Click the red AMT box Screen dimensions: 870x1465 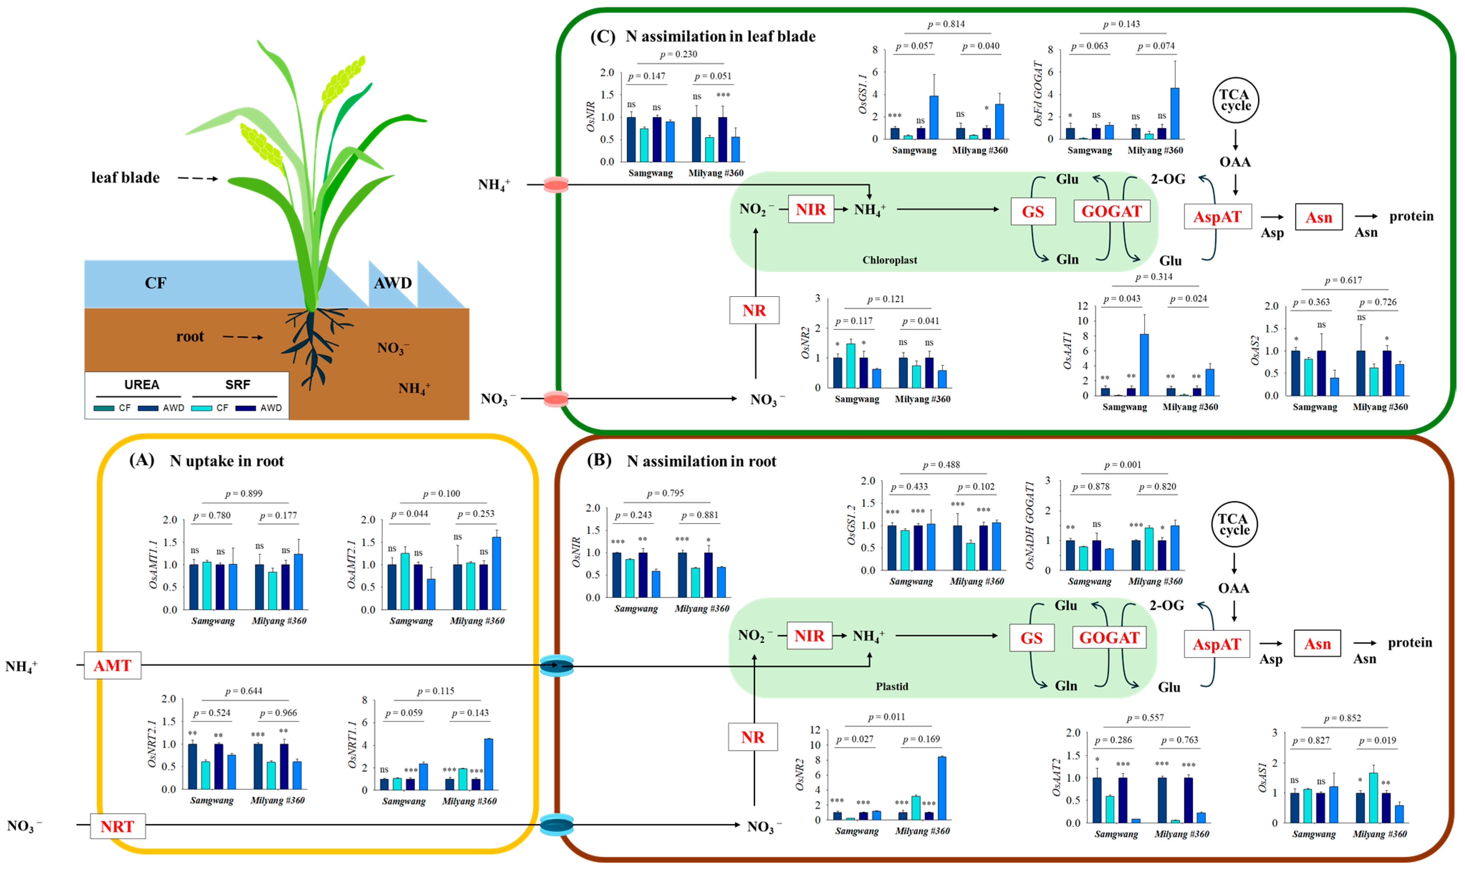pos(112,665)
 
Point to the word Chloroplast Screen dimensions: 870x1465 pos(889,260)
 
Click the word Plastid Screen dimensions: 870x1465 pos(891,686)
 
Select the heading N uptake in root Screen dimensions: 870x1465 pos(226,461)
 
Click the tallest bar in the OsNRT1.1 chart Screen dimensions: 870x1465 pos(488,764)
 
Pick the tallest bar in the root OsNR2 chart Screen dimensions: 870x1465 pos(942,788)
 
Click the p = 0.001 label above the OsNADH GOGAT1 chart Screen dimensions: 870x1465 pos(1122,465)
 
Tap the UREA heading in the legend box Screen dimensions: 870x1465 pos(141,385)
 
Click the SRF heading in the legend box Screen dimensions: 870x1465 pos(237,385)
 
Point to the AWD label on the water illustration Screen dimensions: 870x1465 pos(392,283)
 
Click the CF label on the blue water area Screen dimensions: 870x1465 pos(155,283)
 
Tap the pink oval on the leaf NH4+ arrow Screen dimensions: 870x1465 pos(555,185)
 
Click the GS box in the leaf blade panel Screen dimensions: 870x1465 pos(1032,212)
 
